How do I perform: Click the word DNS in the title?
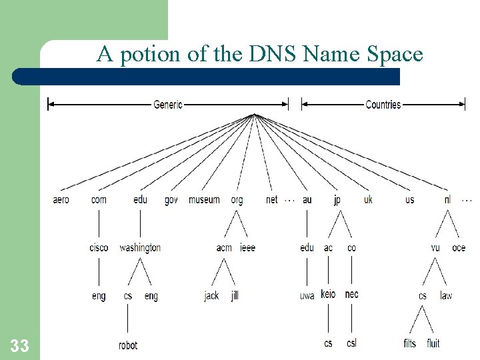[273, 54]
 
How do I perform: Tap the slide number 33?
[19, 345]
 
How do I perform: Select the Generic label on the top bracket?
[168, 104]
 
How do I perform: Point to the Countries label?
[383, 104]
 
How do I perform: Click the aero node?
[61, 199]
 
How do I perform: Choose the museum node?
[204, 199]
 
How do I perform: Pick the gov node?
[171, 200]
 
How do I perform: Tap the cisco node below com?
[99, 247]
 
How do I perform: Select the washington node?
[140, 247]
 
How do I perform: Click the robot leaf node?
[128, 345]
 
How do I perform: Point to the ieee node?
[247, 247]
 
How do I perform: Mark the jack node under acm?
[211, 295]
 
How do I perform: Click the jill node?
[235, 295]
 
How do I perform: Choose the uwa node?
[307, 295]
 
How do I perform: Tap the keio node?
[328, 294]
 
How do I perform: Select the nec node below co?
[351, 294]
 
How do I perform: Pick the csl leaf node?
[351, 343]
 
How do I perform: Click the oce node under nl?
[459, 247]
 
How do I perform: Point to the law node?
[446, 295]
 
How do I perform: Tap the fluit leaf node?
[433, 343]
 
